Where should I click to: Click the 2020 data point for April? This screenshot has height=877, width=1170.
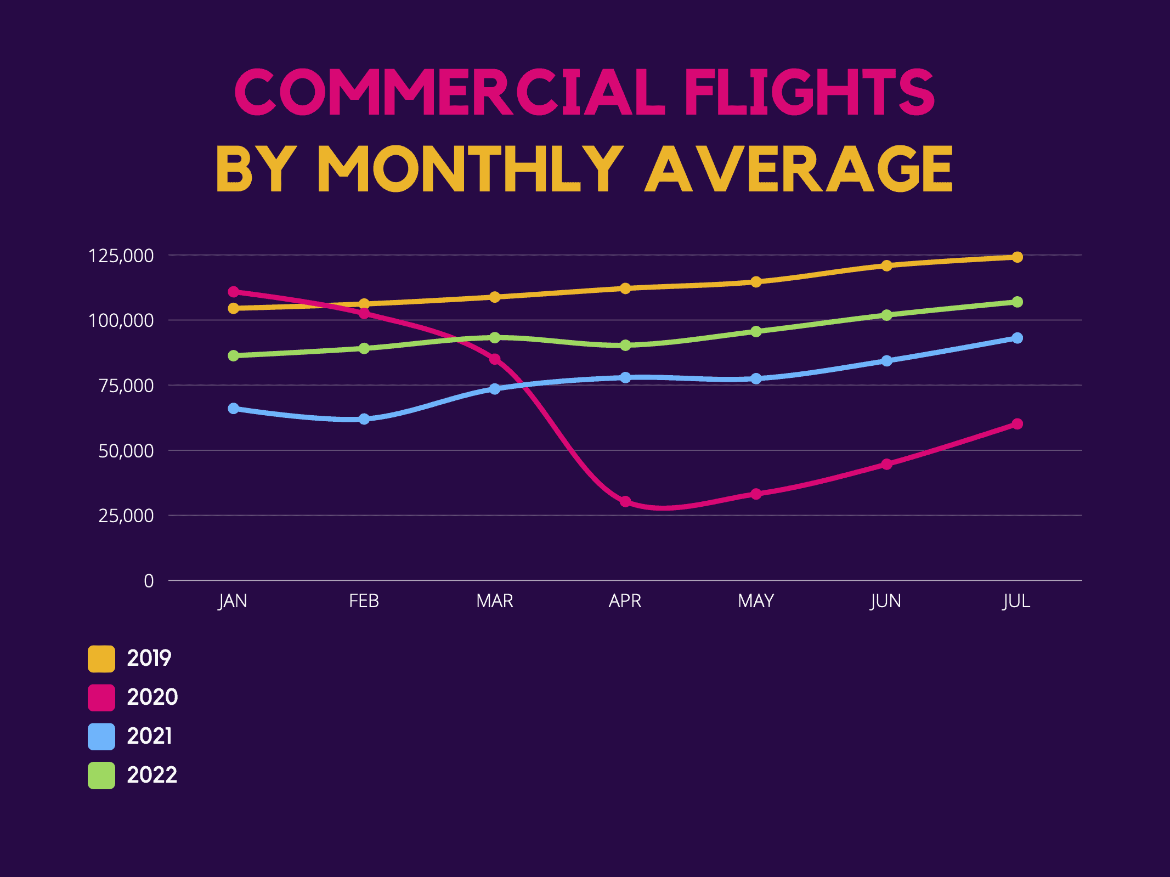625,501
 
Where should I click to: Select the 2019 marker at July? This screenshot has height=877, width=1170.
1017,257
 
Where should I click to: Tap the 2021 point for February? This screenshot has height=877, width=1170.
364,419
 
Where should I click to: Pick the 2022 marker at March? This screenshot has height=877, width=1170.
495,337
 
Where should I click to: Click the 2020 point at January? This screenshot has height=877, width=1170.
234,291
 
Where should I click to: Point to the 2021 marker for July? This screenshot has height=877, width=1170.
1017,338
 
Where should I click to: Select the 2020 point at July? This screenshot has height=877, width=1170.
1017,424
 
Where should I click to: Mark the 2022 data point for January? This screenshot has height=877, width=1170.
234,355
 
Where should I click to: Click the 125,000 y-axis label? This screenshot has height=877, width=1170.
121,256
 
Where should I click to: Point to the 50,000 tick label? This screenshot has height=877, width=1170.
126,451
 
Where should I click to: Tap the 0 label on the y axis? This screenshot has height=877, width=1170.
149,581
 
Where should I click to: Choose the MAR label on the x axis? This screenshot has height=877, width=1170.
495,601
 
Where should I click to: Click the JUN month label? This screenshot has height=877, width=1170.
886,601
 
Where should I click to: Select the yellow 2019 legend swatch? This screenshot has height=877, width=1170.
101,659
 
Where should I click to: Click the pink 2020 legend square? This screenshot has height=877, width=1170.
101,698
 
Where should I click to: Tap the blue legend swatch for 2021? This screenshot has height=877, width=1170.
101,737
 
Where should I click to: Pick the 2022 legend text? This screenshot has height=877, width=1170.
152,775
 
